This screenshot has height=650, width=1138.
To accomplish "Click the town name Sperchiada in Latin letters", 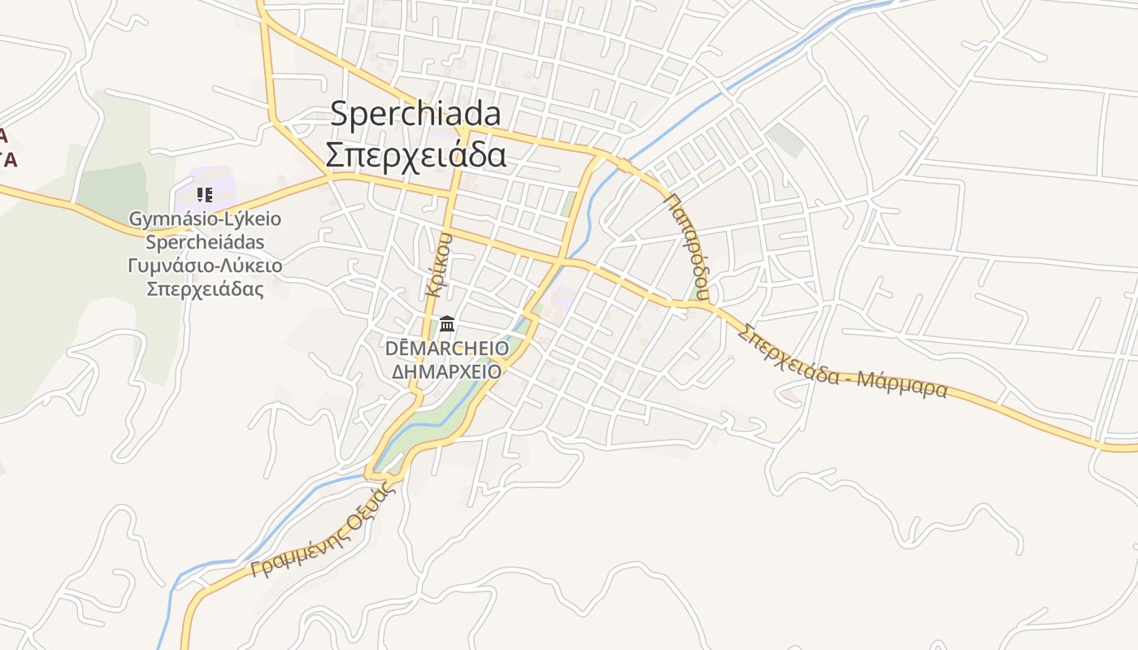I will [x=415, y=115].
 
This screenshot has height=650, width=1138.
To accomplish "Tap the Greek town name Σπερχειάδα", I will [x=415, y=154].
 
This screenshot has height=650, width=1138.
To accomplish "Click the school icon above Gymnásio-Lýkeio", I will [x=205, y=194].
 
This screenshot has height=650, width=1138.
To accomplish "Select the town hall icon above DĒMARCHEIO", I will [x=446, y=325].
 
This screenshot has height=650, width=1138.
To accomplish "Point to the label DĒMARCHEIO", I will [x=447, y=349].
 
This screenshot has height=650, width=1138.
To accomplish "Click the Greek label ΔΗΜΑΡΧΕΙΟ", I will [x=446, y=371].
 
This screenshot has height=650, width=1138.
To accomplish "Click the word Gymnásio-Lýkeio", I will [x=205, y=219].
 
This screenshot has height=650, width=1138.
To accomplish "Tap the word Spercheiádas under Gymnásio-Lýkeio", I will [x=205, y=242].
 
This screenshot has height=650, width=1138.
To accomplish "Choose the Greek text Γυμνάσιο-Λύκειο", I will [x=205, y=266].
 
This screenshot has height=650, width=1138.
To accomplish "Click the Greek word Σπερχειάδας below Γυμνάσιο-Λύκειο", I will [x=205, y=289].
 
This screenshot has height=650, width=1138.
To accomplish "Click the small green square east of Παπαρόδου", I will [x=784, y=140].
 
